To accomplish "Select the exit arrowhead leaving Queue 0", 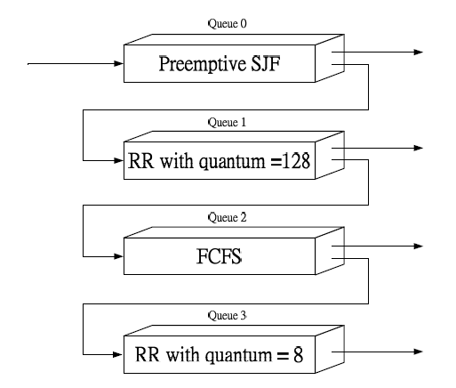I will pyautogui.click(x=419, y=52).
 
